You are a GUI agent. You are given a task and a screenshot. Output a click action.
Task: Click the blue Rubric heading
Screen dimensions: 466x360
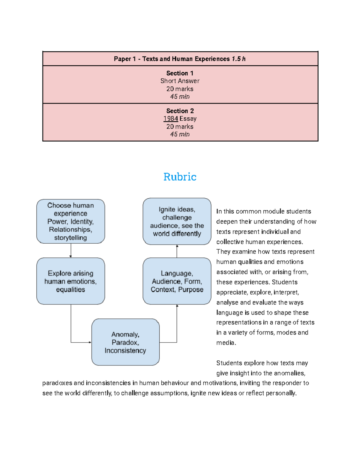coord(180,177)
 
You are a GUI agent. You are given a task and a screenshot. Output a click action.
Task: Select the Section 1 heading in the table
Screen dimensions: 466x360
coord(180,73)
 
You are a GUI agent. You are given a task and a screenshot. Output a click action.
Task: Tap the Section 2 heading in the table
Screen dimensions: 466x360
coord(180,111)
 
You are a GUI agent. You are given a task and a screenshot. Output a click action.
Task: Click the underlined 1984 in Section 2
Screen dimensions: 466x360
coord(171,119)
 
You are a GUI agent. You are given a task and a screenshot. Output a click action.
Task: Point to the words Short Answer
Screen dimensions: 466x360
coord(180,81)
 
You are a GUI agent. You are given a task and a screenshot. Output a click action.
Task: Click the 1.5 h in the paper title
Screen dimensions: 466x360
coord(238,59)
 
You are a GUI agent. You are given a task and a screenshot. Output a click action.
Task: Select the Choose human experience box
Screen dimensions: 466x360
coord(70,221)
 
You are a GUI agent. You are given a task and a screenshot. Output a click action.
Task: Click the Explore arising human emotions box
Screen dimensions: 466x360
coord(70,281)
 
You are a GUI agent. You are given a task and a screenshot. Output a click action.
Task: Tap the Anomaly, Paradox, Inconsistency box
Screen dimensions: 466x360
coord(125,342)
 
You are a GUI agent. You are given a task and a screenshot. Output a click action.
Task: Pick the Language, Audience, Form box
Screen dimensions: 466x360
coord(177,281)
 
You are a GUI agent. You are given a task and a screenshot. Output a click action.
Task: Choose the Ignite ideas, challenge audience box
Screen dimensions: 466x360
coord(177,221)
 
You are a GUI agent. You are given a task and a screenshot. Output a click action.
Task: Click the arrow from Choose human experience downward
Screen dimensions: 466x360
coord(71,250)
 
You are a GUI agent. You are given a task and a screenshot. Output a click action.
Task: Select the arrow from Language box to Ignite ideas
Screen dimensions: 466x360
coord(177,251)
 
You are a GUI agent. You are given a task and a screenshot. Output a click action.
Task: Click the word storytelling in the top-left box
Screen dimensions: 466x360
coord(70,238)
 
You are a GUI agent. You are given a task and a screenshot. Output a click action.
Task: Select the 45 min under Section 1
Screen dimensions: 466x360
coord(180,97)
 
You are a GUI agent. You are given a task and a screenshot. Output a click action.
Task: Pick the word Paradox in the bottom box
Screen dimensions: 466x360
coord(125,342)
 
